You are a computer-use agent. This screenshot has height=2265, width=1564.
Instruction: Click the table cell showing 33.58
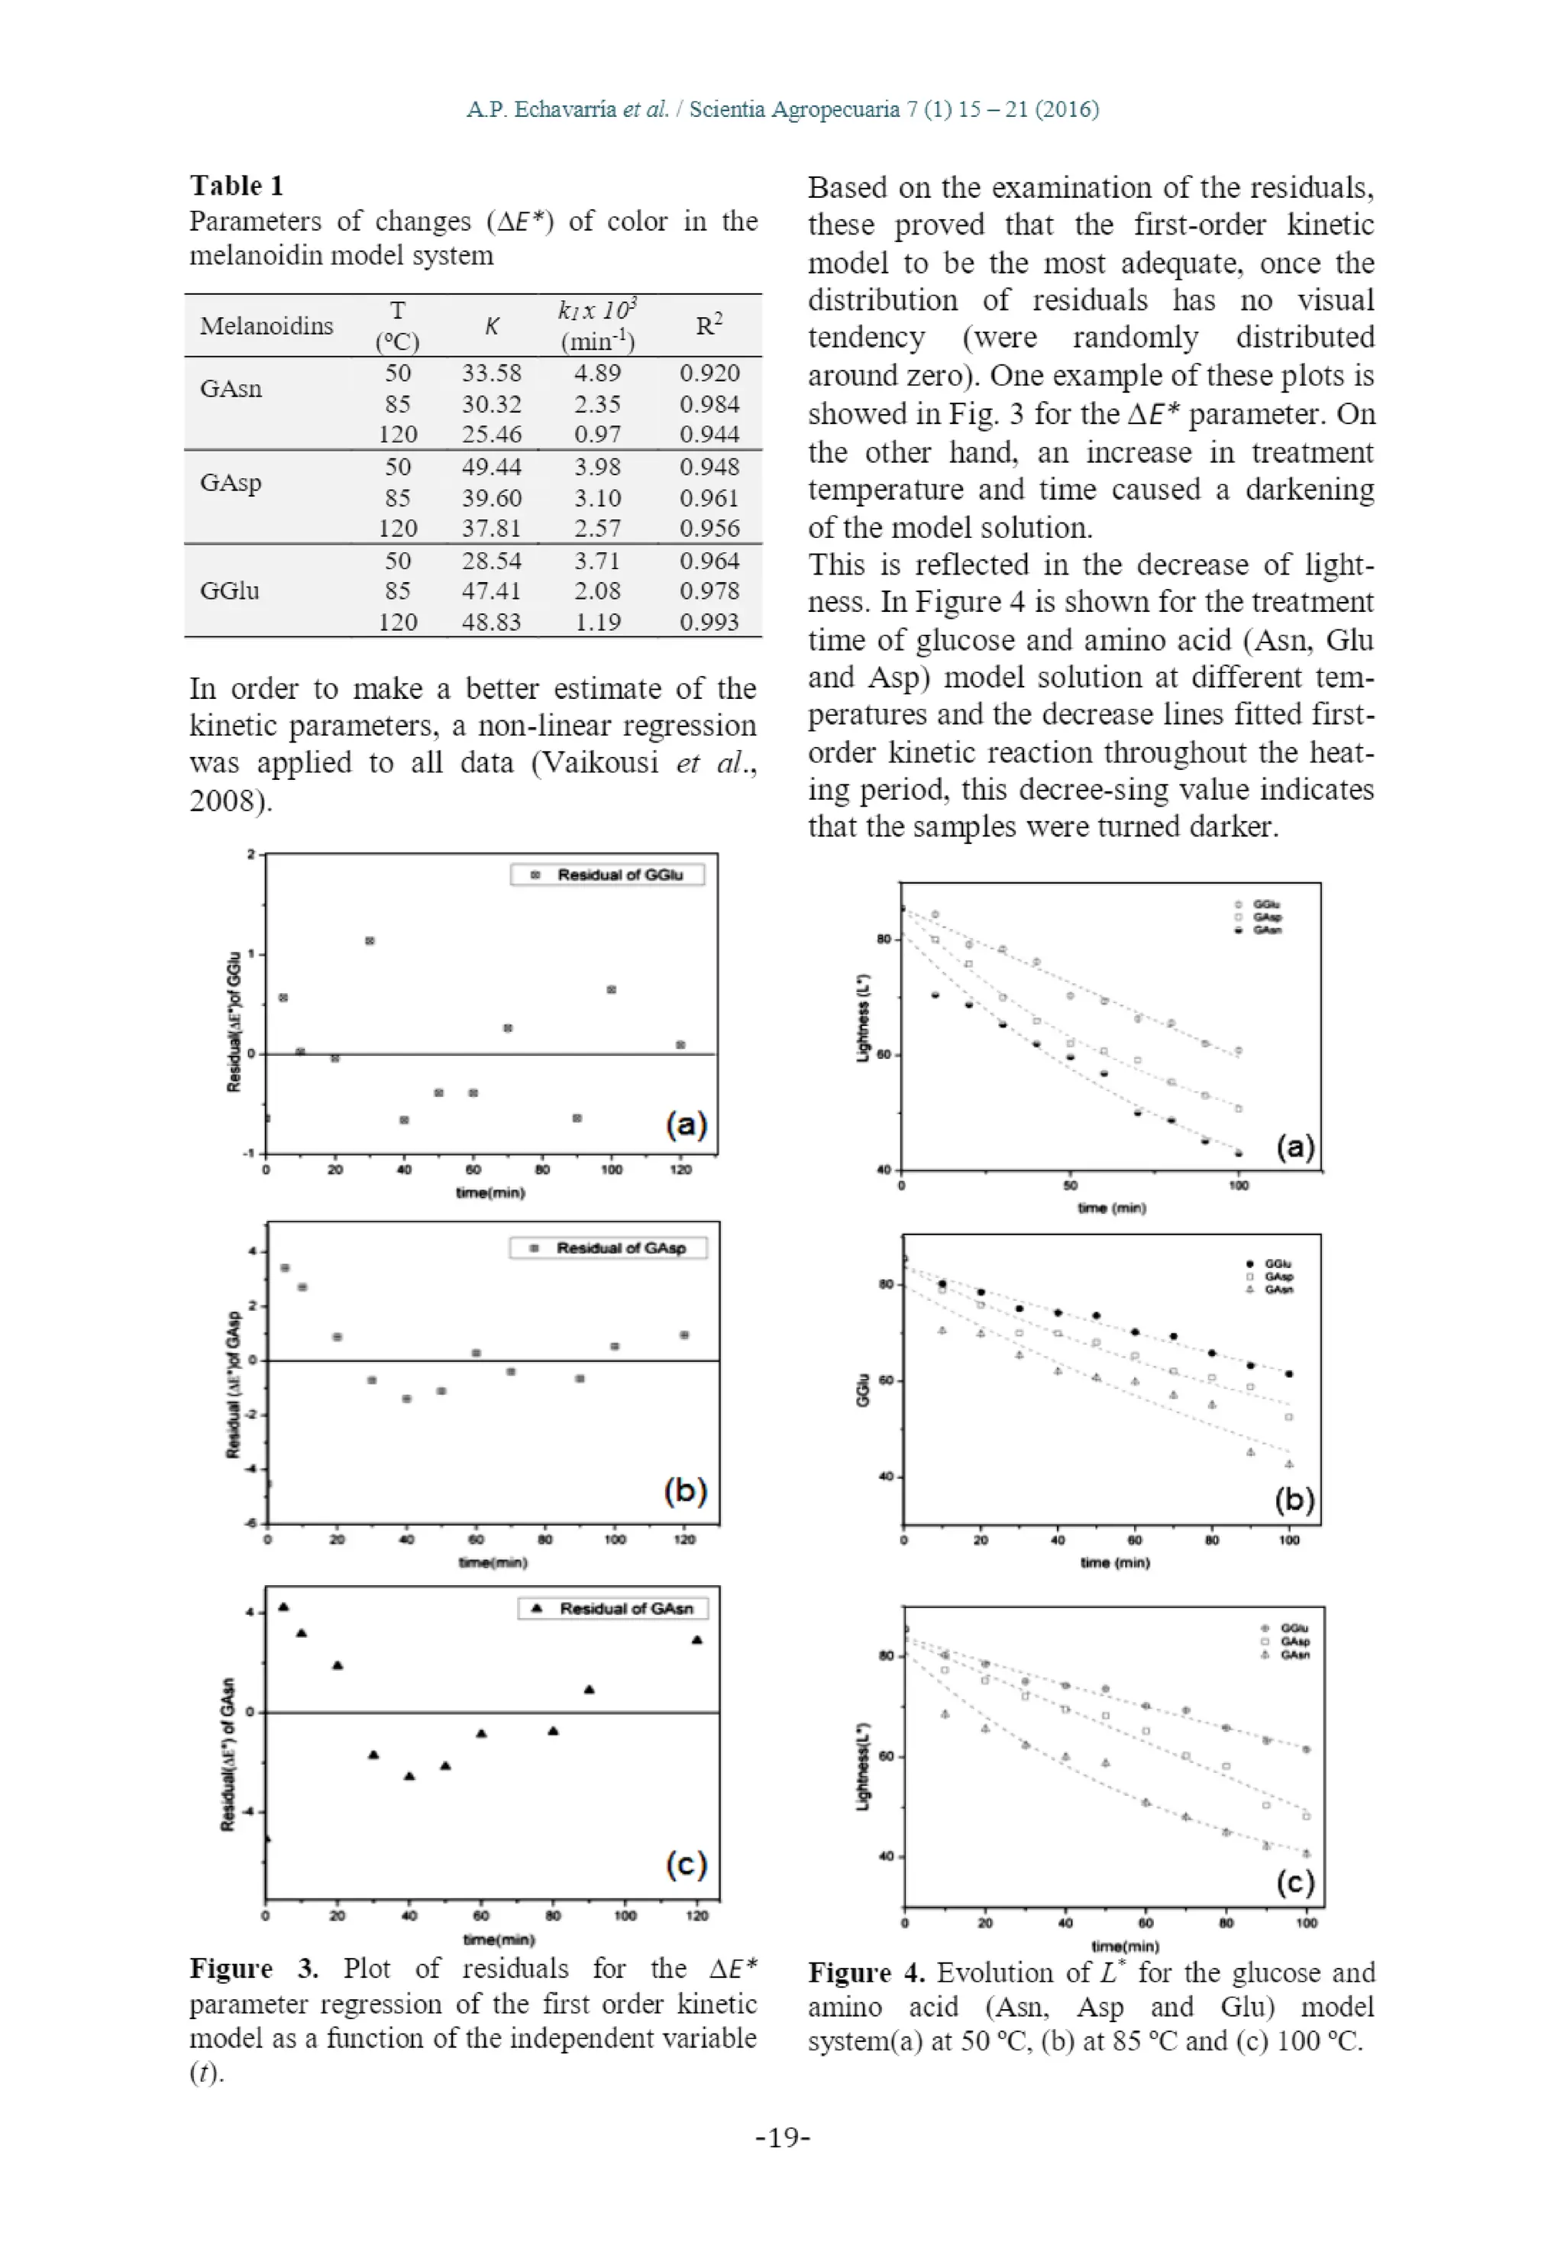coord(491,374)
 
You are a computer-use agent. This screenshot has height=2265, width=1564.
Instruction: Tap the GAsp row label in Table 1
coord(231,482)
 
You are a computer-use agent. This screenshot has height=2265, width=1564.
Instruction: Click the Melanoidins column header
coord(267,325)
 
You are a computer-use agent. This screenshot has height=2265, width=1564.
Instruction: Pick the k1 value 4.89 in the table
coord(596,374)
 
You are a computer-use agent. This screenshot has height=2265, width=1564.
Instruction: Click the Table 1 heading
coord(236,185)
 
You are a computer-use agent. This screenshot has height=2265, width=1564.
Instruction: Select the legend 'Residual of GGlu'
coord(608,874)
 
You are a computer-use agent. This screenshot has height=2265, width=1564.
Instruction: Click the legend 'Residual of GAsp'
coord(609,1247)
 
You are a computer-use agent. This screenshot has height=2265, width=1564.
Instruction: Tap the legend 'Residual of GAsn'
coord(613,1608)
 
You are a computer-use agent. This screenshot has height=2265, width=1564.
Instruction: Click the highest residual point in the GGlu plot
coord(370,941)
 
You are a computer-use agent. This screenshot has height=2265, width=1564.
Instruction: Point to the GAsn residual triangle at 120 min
coord(696,1639)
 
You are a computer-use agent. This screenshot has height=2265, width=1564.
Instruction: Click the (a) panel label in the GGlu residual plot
coord(686,1124)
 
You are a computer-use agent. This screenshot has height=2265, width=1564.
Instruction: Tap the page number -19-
coord(782,2137)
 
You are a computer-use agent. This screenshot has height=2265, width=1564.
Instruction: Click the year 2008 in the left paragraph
coord(225,801)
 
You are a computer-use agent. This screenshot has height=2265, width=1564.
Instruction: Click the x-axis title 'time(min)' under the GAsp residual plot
coord(493,1562)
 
